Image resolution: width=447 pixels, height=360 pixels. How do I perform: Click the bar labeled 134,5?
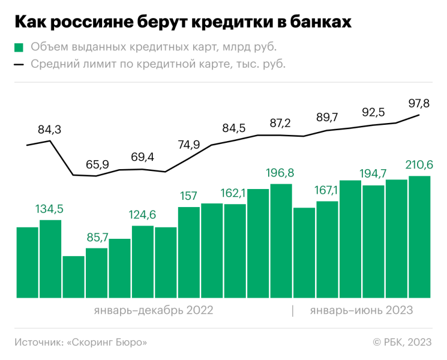pyautogui.click(x=50, y=259)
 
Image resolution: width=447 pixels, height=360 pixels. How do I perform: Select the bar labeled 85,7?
pyautogui.click(x=97, y=273)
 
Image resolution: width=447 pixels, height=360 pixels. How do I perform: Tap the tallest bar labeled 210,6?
pyautogui.click(x=419, y=237)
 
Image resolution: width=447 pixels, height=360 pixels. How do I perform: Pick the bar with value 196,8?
pyautogui.click(x=281, y=241)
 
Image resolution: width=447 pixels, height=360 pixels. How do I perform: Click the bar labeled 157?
pyautogui.click(x=189, y=252)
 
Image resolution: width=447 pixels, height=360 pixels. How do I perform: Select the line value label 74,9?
pyautogui.click(x=189, y=145)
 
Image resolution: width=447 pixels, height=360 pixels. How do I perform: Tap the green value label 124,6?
pyautogui.click(x=143, y=214)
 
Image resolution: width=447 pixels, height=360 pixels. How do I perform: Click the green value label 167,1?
pyautogui.click(x=327, y=190)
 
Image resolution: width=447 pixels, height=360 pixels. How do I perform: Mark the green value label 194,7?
pyautogui.click(x=373, y=174)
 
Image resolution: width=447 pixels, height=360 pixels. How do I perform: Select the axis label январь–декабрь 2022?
pyautogui.click(x=154, y=310)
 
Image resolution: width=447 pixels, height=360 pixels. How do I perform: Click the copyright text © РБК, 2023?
pyautogui.click(x=402, y=342)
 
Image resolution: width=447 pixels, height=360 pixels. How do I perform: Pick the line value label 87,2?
pyautogui.click(x=280, y=124)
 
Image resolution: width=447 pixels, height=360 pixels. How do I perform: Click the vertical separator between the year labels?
pyautogui.click(x=293, y=310)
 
